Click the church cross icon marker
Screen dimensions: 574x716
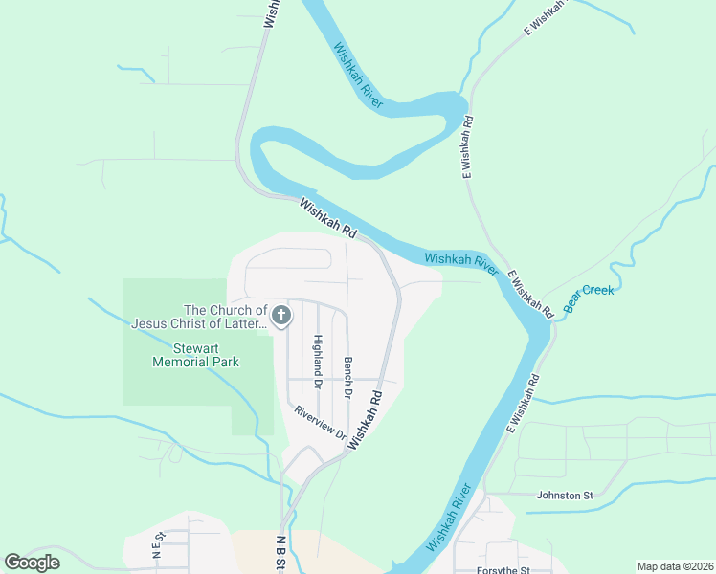click(281, 316)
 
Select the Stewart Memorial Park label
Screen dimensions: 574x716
click(195, 355)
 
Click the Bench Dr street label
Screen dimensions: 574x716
click(348, 378)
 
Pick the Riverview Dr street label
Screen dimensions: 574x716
click(321, 423)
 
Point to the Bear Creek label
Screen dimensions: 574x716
click(589, 297)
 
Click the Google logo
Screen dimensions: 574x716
click(33, 563)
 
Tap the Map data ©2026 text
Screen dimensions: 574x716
click(674, 566)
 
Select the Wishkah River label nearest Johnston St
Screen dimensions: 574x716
click(449, 518)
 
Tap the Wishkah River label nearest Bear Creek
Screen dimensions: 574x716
click(461, 264)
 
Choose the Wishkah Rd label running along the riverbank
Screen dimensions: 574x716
click(327, 218)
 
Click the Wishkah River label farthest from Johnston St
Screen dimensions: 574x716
click(358, 79)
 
